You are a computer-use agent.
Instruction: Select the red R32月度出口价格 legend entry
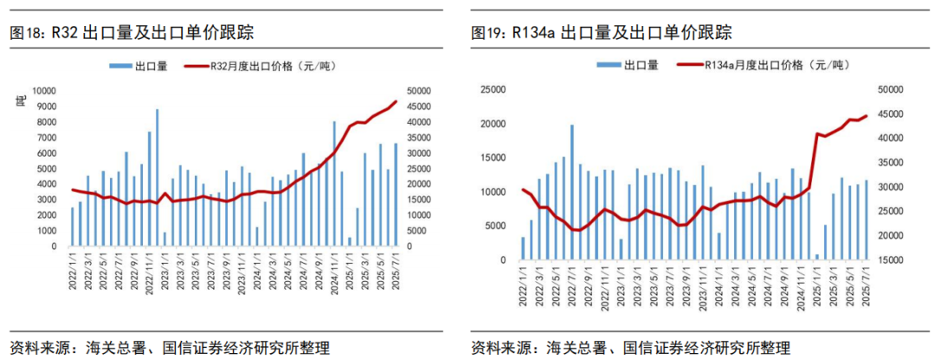tap(260, 65)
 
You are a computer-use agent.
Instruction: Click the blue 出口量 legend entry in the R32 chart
tap(139, 65)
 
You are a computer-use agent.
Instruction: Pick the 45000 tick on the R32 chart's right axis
tap(420, 106)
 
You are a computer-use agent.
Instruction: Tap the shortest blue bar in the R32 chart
tap(350, 242)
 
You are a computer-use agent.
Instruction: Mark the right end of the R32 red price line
tap(397, 101)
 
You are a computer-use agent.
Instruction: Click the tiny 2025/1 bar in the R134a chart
tap(816, 257)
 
